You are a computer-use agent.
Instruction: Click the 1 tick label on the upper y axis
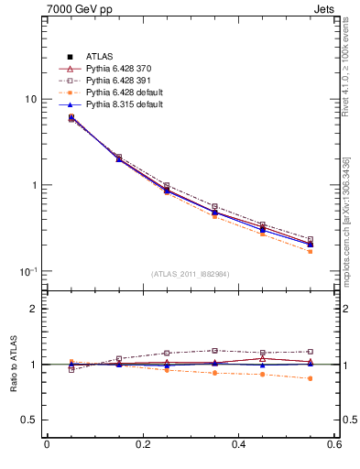click(33, 185)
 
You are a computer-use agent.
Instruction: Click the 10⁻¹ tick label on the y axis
click(27, 271)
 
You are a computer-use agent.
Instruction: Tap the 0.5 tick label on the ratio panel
click(29, 420)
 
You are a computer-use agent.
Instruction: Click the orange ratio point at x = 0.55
click(311, 378)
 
